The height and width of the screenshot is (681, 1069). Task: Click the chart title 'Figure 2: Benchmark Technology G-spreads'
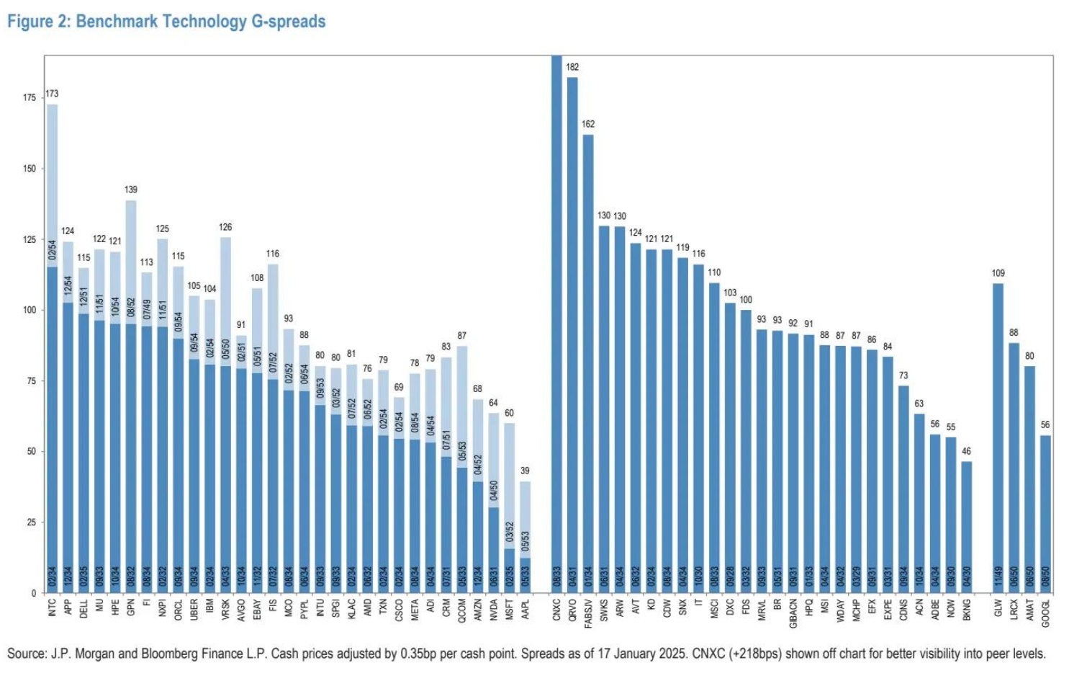[166, 22]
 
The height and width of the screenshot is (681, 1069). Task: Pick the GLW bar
[998, 440]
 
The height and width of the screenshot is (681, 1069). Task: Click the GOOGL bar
[1045, 515]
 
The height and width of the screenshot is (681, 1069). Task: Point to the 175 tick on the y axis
[30, 98]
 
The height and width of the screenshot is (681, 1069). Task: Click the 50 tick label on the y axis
[32, 452]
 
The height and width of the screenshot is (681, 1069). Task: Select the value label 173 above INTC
[52, 94]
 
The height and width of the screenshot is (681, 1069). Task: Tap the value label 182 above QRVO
[572, 67]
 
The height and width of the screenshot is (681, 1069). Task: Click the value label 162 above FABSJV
[588, 124]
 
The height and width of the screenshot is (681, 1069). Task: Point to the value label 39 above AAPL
[526, 471]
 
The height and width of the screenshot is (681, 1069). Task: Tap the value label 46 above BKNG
[967, 451]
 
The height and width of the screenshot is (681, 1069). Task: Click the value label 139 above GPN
[130, 190]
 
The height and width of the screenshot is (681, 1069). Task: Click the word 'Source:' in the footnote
[27, 654]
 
